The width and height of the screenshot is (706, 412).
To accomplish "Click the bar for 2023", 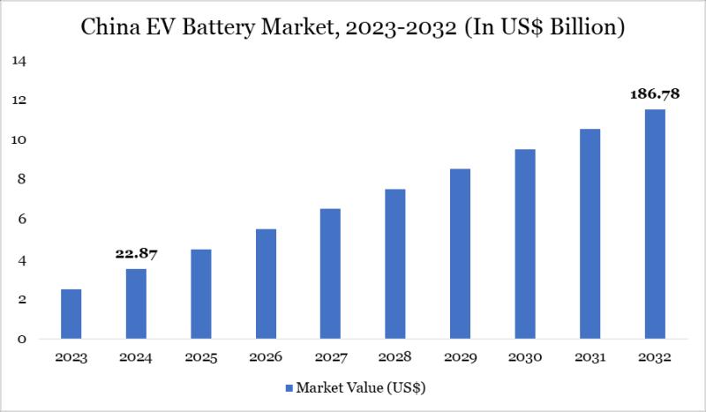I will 71,314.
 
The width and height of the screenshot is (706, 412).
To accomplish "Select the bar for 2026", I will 266,284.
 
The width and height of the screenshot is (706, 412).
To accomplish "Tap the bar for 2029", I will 460,254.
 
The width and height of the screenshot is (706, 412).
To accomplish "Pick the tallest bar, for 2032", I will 654,224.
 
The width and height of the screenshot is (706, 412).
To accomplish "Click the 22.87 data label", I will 136,254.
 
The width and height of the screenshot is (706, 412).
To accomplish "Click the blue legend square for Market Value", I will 288,387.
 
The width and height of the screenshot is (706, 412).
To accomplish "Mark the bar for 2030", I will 524,244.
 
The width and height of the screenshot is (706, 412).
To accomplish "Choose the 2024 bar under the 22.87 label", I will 136,304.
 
